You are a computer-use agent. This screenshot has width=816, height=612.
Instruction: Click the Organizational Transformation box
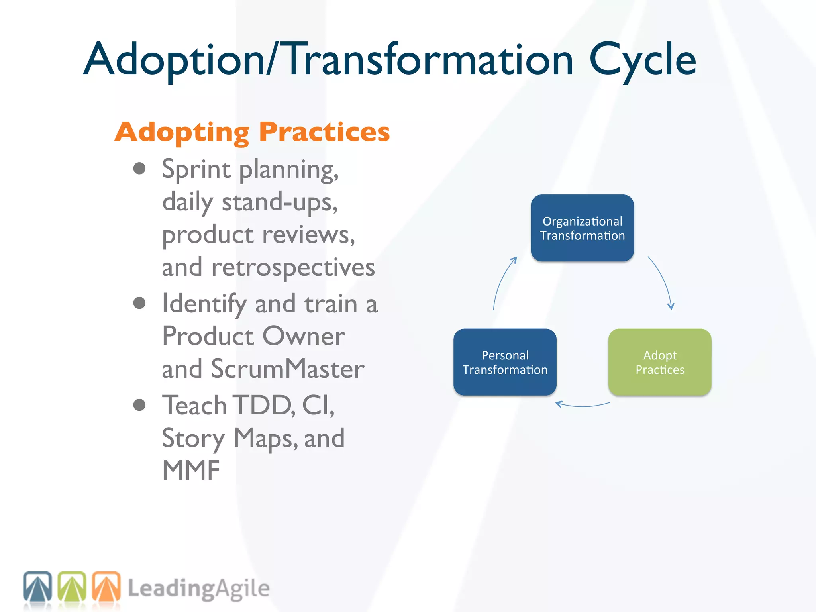[582, 228]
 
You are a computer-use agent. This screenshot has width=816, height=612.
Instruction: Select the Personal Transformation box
[505, 362]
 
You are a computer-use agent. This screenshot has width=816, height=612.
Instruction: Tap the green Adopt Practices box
[660, 362]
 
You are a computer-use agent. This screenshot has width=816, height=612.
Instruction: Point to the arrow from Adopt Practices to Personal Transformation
[582, 406]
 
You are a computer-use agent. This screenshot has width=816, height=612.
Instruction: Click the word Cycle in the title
[642, 60]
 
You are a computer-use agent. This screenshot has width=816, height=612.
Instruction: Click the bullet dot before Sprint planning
[139, 169]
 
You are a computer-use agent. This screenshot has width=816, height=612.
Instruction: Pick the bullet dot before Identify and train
[139, 303]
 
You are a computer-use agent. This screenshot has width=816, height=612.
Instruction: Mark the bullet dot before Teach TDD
[139, 405]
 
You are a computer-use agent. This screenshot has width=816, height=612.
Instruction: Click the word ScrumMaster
[287, 369]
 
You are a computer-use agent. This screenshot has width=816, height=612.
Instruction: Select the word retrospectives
[293, 267]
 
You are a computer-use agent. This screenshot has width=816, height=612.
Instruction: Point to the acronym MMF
[191, 471]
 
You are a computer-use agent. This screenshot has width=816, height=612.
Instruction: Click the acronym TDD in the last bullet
[263, 406]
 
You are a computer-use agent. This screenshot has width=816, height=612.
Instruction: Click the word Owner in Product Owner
[304, 336]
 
